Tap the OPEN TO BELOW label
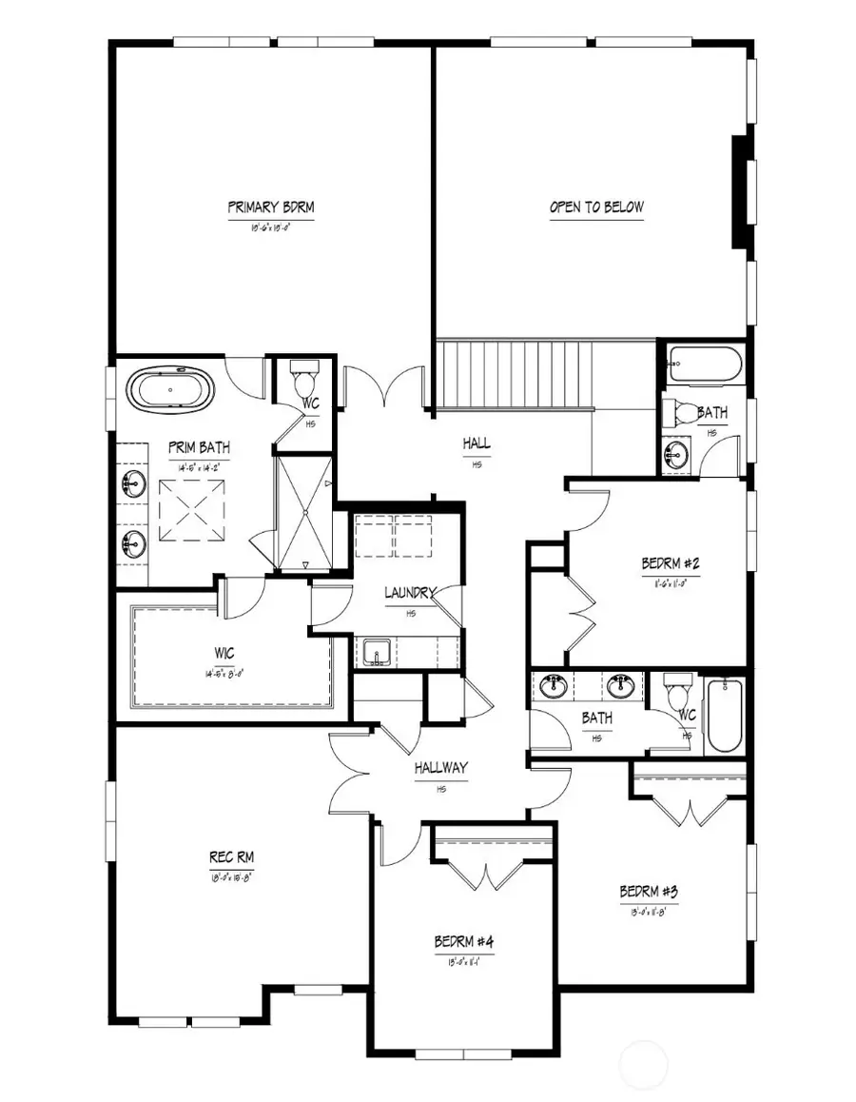click(596, 207)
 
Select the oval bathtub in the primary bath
click(171, 390)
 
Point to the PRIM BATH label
click(199, 447)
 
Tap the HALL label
click(477, 443)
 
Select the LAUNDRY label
click(410, 593)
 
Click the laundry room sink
click(377, 655)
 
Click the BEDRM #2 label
click(671, 563)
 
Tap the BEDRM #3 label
click(648, 893)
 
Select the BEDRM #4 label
click(464, 942)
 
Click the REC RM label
click(231, 857)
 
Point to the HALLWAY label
click(440, 768)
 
